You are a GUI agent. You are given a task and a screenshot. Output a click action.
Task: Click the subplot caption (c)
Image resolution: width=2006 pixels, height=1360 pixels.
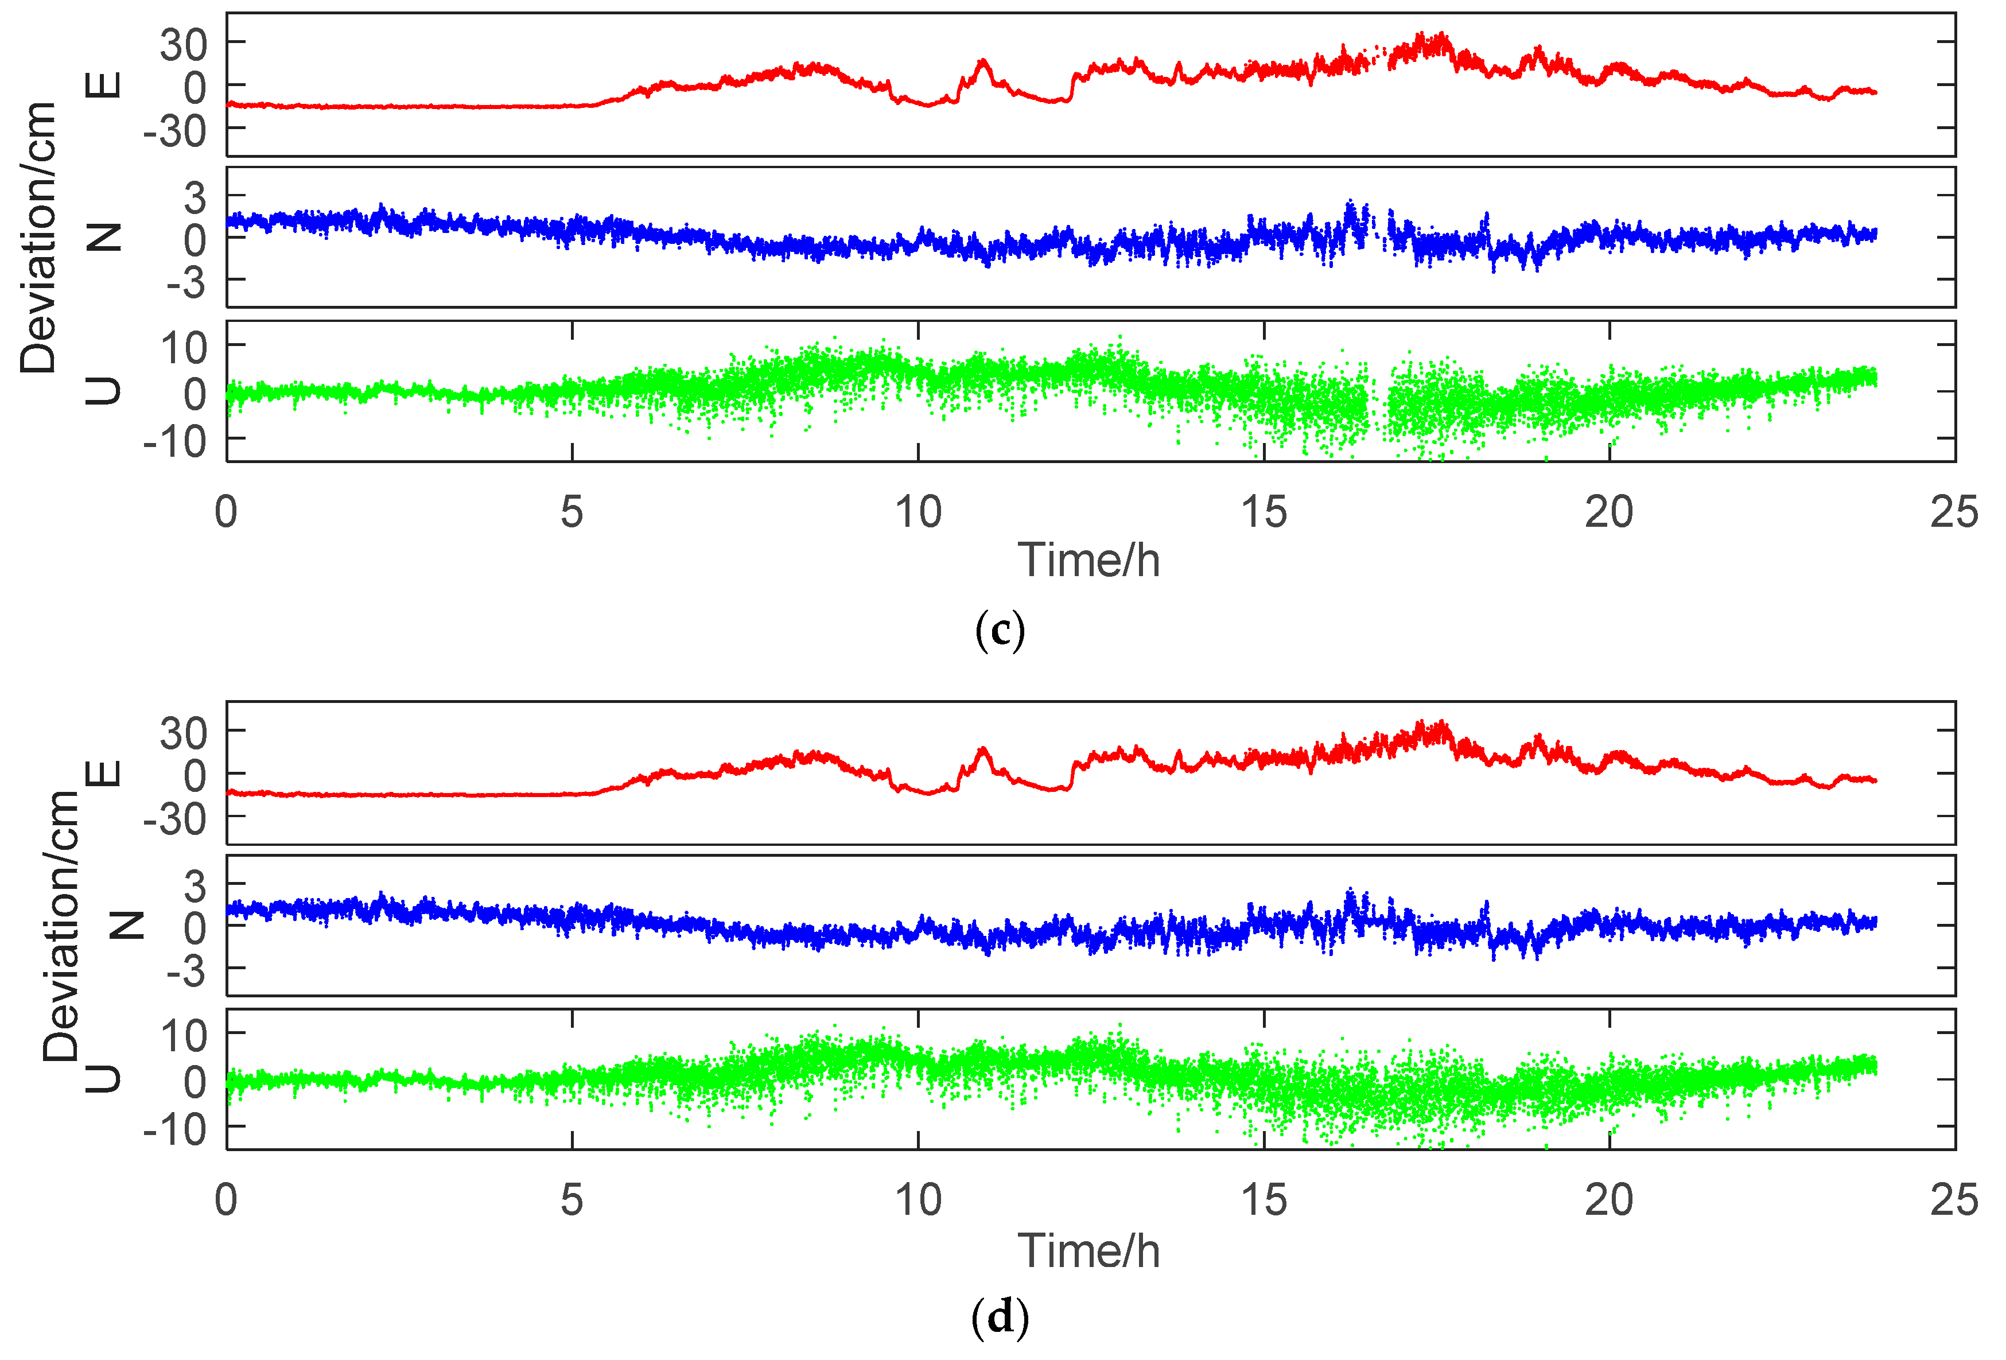[1000, 631]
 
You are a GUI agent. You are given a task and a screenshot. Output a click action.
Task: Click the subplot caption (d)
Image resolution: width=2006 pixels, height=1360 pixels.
[1000, 1319]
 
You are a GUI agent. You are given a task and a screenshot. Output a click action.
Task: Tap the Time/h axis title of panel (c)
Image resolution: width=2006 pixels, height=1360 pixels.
[1088, 561]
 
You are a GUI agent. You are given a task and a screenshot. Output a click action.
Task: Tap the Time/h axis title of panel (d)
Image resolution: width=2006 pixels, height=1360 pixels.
[1088, 1251]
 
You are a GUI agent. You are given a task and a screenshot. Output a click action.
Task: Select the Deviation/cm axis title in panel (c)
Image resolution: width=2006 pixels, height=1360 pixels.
[39, 238]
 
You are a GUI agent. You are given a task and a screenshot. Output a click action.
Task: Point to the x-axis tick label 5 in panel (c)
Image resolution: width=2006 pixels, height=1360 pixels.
[572, 513]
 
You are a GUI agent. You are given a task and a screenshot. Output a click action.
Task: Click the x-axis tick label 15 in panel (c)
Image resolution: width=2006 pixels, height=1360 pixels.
[1264, 513]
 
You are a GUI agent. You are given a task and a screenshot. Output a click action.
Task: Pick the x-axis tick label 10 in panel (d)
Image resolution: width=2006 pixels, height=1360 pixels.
[918, 1200]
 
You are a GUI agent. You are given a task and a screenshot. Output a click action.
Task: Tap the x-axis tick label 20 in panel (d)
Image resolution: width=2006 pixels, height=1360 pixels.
[1609, 1200]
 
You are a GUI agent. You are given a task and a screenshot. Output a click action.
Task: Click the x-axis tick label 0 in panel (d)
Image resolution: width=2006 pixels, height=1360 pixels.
[226, 1200]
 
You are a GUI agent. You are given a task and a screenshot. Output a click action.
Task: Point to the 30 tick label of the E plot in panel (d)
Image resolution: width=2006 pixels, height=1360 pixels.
[184, 734]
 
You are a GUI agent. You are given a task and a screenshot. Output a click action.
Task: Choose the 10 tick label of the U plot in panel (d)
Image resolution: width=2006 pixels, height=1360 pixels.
[184, 1035]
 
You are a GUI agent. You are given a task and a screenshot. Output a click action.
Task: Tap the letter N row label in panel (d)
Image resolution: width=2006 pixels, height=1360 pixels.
[128, 926]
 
